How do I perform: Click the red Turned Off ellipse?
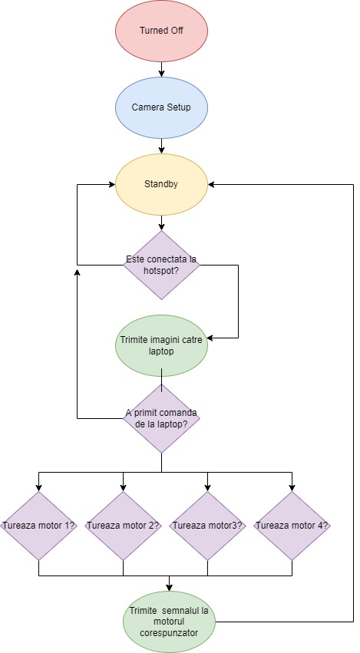click(161, 31)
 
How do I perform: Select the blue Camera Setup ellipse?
click(161, 107)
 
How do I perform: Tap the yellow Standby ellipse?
click(161, 184)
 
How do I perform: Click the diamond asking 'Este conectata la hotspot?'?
click(161, 265)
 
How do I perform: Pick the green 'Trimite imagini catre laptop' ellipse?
click(161, 345)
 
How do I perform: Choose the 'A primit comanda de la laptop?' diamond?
click(161, 418)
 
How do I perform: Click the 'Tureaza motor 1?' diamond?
click(38, 526)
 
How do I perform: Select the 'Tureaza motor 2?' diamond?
click(123, 526)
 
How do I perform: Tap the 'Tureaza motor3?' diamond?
click(207, 526)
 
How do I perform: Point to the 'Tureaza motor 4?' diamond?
click(292, 526)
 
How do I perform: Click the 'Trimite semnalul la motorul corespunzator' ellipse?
click(169, 622)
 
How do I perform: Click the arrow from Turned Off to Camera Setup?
click(162, 70)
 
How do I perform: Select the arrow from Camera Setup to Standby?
click(162, 146)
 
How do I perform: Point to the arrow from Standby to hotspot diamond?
click(162, 223)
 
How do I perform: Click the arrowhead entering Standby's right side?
click(211, 184)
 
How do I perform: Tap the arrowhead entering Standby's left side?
click(113, 184)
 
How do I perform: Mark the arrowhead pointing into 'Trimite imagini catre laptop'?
click(211, 338)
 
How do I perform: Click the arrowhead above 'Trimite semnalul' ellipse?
click(169, 588)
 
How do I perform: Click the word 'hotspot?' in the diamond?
click(161, 269)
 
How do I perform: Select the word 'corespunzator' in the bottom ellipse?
click(169, 632)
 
